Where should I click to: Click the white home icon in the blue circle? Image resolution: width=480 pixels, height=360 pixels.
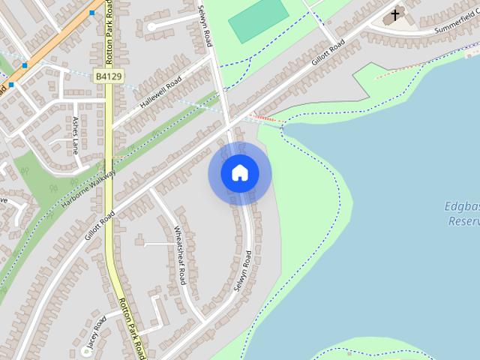pos(240,173)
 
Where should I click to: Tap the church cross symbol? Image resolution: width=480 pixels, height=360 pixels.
pos(395,14)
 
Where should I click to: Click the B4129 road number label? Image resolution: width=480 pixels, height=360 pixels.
pos(109,76)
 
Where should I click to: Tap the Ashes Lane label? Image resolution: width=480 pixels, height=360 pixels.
pos(75,134)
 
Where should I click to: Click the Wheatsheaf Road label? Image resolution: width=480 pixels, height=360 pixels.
pos(179,255)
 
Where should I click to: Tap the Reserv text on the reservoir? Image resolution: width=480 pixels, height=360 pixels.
pos(463,221)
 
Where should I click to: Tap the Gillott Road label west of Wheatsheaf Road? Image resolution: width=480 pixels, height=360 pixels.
pos(100,224)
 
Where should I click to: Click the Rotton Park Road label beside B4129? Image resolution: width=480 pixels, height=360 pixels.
pos(109,31)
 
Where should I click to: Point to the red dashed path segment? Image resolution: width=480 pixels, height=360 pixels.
pos(268,119)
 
